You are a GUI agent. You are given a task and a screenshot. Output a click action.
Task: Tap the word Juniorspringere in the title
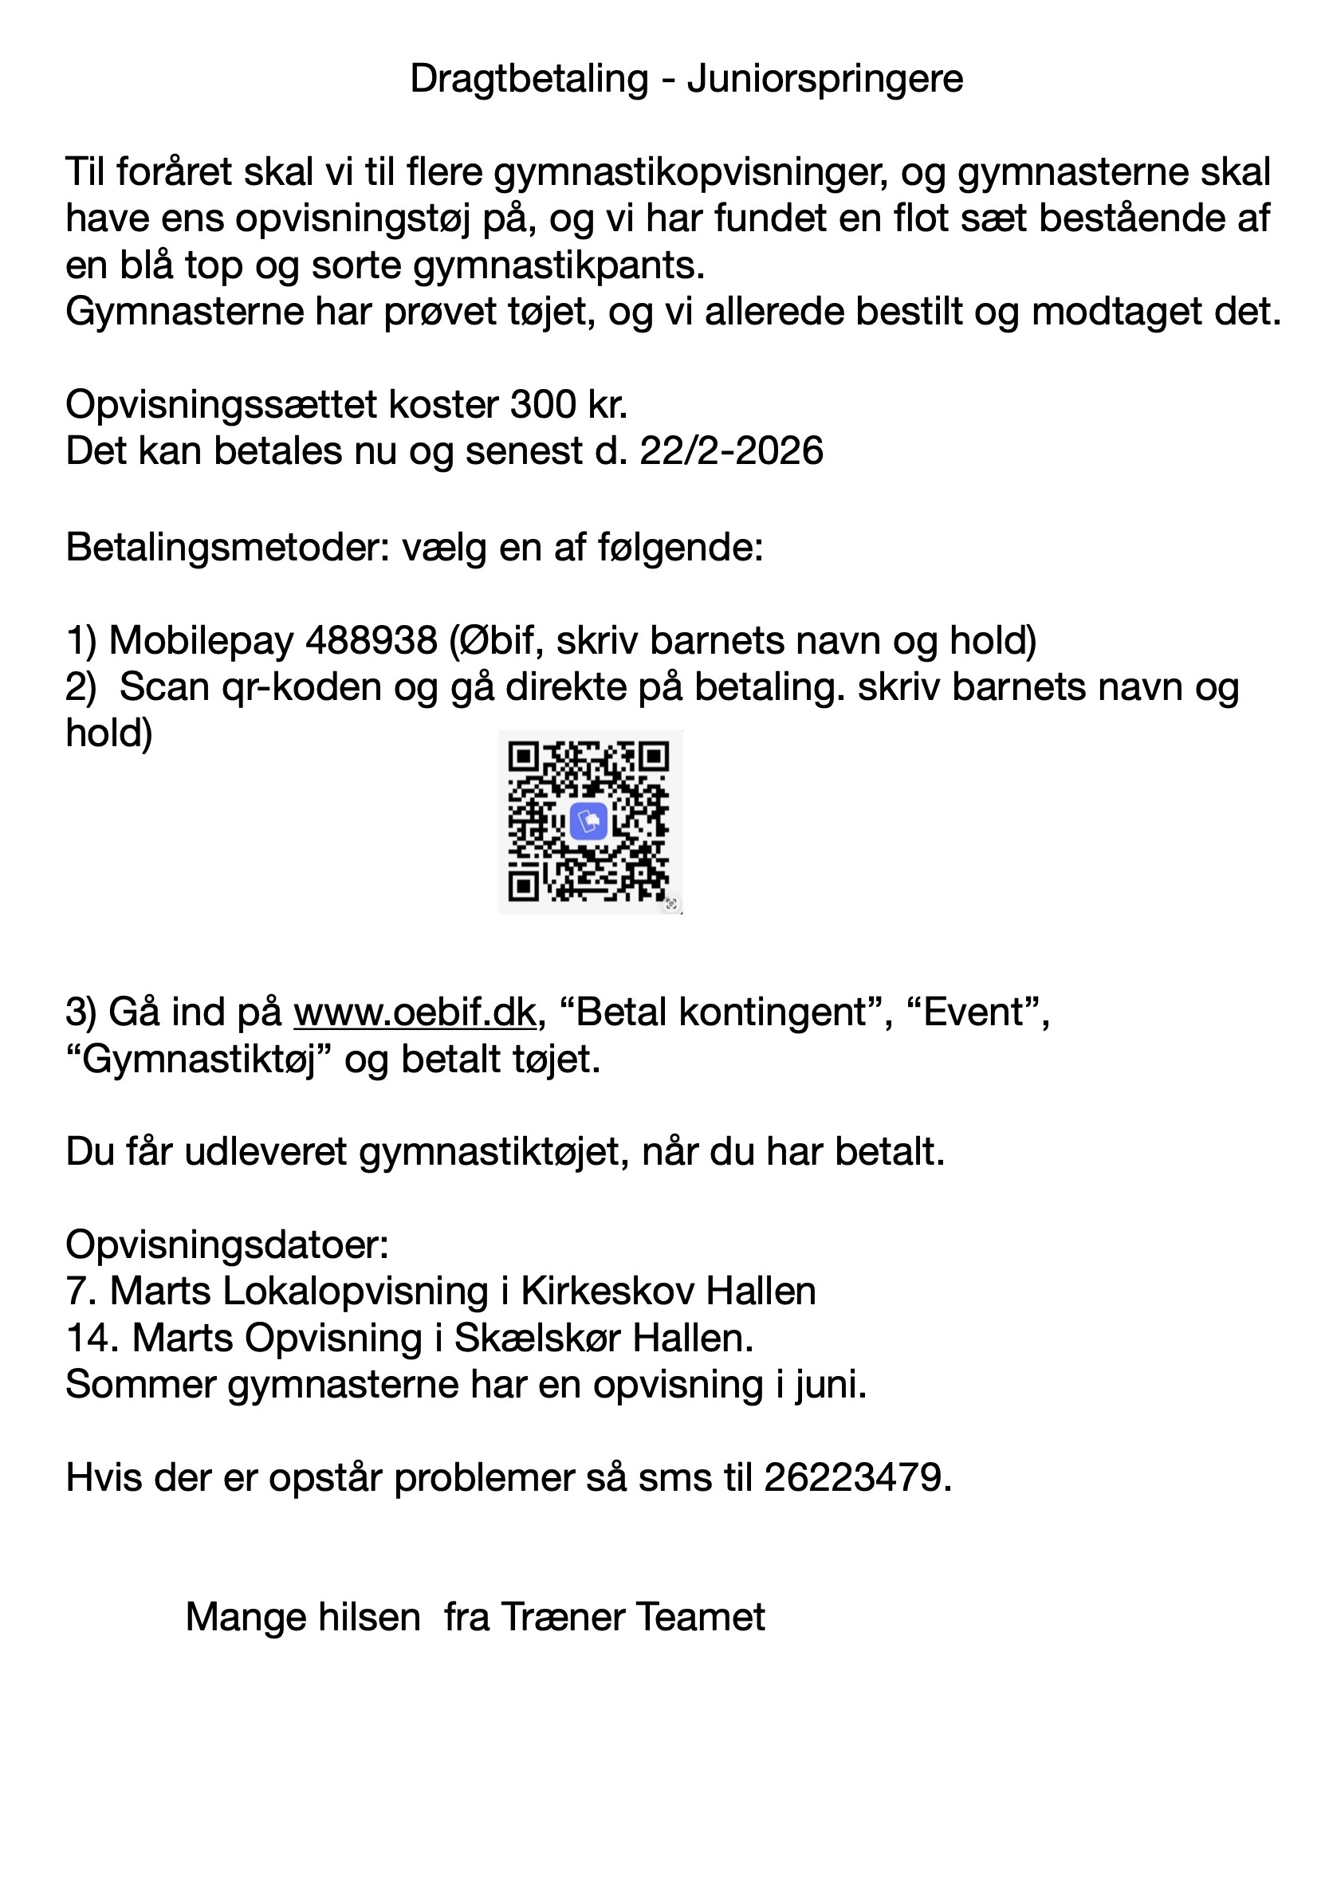[824, 81]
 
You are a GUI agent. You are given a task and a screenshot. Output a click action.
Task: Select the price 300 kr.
[569, 405]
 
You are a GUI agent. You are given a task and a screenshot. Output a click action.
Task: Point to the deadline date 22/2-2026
[731, 451]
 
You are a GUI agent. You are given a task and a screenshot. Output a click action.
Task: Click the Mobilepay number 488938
[371, 639]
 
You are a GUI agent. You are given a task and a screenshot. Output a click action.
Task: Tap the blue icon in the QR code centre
[589, 822]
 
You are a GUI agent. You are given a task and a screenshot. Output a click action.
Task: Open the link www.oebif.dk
[415, 1012]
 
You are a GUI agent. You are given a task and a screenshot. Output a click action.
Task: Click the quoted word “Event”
[974, 1012]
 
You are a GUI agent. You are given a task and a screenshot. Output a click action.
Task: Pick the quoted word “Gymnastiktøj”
[199, 1060]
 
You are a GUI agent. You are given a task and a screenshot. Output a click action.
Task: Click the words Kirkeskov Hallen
[668, 1291]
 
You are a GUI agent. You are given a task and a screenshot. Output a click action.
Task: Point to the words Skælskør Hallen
[604, 1338]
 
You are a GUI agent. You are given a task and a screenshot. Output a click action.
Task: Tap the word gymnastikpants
[558, 266]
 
